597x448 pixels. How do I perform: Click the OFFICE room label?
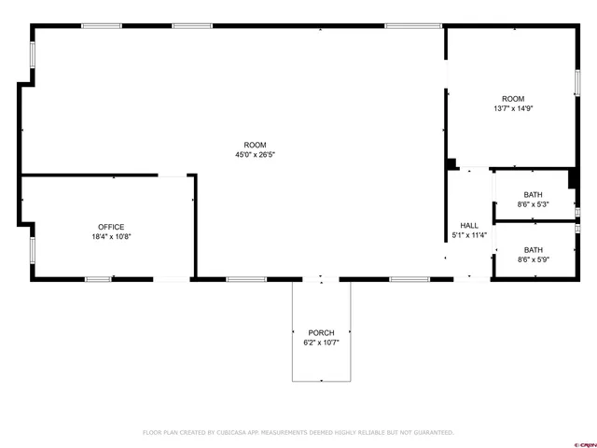coord(111,227)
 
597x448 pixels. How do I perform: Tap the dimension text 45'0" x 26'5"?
coord(255,155)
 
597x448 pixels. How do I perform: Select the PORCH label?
coord(321,332)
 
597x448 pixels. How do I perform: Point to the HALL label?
coord(469,226)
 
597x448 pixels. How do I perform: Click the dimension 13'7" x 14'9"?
coord(513,109)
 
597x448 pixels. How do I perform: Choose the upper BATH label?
coord(533,194)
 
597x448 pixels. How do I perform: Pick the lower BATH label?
coord(533,249)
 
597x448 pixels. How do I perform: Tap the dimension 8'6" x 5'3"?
coord(533,204)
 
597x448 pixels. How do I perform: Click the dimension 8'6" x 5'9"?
coord(533,259)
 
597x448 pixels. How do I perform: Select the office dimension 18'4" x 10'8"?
coord(111,237)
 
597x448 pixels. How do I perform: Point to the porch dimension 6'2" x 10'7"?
coord(321,343)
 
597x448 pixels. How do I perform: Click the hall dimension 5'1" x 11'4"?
coord(469,236)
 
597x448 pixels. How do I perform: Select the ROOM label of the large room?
coord(255,145)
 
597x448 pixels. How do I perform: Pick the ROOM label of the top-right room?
coord(513,99)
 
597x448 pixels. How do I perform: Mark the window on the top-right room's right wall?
coord(577,82)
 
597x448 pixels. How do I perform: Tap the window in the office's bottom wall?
coord(99,278)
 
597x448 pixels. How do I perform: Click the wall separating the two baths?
coord(533,221)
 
